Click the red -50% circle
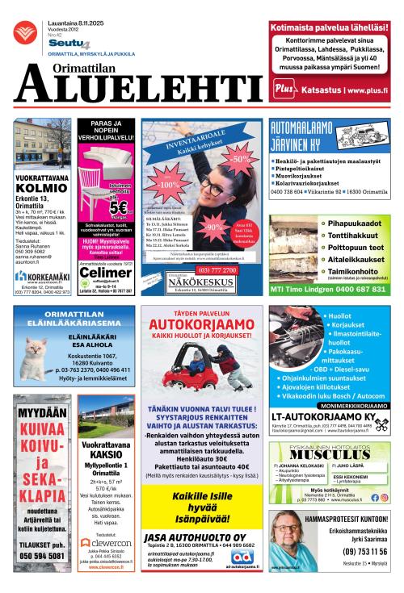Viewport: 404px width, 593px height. [240, 160]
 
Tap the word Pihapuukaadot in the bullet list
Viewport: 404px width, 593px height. [353, 222]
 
